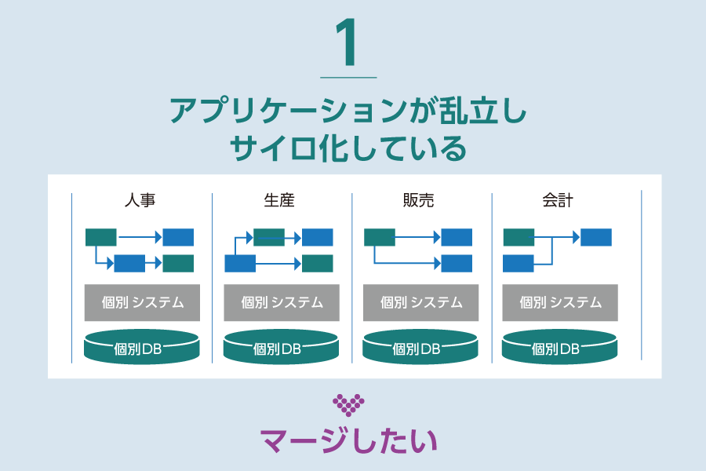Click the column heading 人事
(140, 200)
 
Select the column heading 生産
(279, 200)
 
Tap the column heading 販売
(418, 200)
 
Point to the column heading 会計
(558, 200)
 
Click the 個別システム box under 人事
(142, 302)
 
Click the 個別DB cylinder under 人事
(142, 347)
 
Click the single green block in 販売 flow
(380, 237)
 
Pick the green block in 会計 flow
(519, 237)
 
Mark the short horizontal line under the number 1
(349, 77)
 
